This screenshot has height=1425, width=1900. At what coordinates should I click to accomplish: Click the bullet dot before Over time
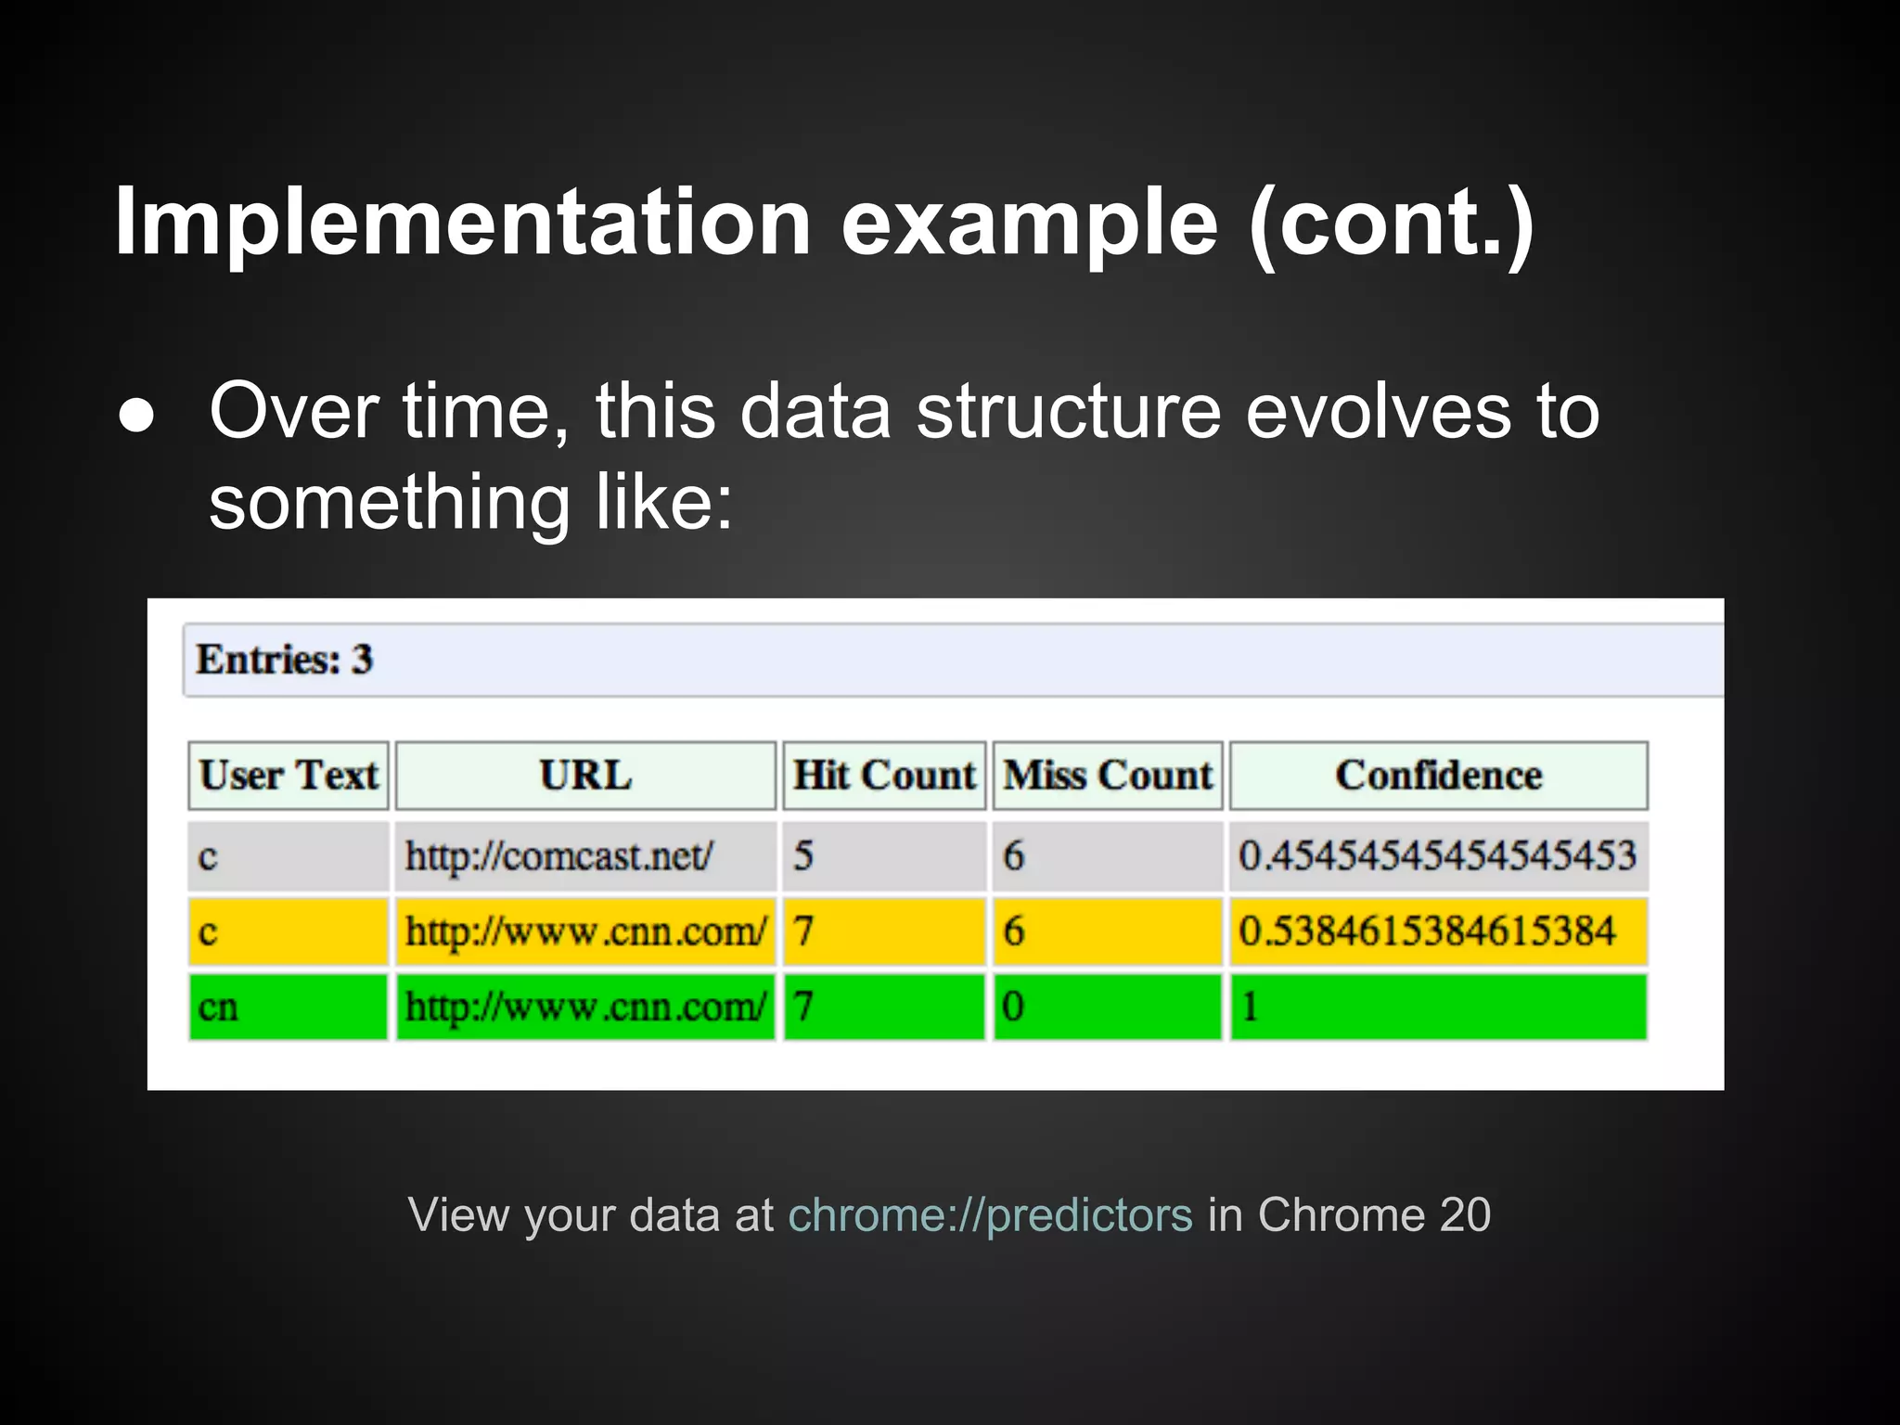(137, 417)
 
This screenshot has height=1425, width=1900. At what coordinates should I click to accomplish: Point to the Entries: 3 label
(284, 660)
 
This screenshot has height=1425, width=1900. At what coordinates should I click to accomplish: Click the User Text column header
(289, 776)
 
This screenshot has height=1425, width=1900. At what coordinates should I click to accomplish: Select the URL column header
(585, 776)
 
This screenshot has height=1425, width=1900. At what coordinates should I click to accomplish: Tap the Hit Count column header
(883, 776)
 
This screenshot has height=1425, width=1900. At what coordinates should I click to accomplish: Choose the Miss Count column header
(1108, 776)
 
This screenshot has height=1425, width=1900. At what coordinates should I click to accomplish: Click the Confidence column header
(1438, 776)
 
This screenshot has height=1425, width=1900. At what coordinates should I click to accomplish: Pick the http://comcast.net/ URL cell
(559, 855)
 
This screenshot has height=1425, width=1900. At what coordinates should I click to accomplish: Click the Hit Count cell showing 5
(803, 855)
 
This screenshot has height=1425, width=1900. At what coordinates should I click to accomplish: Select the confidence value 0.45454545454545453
(1437, 855)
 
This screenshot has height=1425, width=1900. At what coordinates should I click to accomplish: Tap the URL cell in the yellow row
(585, 931)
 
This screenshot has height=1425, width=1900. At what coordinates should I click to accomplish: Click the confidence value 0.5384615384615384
(1427, 931)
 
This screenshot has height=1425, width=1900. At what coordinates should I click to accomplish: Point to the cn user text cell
(219, 1008)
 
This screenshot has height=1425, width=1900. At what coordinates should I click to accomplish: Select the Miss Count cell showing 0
(1013, 1008)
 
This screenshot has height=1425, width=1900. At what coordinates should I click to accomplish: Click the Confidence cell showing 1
(1250, 1008)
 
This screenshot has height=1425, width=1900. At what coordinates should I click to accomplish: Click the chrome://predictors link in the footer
(990, 1214)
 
